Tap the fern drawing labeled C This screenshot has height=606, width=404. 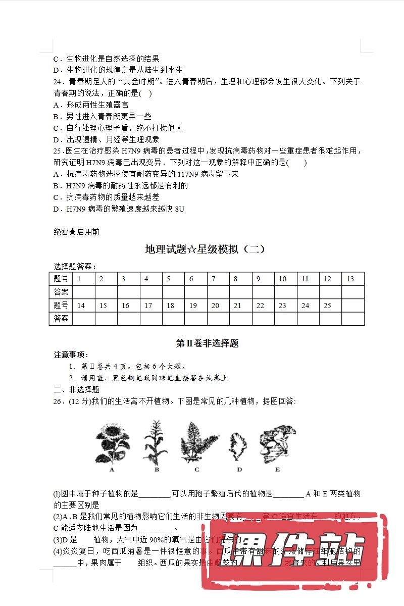(x=197, y=442)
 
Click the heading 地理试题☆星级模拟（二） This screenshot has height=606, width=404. (x=205, y=249)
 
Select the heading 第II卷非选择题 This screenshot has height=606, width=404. (x=207, y=343)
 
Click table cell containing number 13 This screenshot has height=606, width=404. (x=352, y=279)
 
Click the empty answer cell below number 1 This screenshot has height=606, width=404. (x=84, y=292)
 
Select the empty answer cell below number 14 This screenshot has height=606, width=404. (x=84, y=319)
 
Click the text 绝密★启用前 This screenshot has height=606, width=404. (x=76, y=232)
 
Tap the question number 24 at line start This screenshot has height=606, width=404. (x=58, y=82)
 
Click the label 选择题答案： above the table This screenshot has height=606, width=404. (x=75, y=267)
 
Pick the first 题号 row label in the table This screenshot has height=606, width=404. (x=61, y=279)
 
